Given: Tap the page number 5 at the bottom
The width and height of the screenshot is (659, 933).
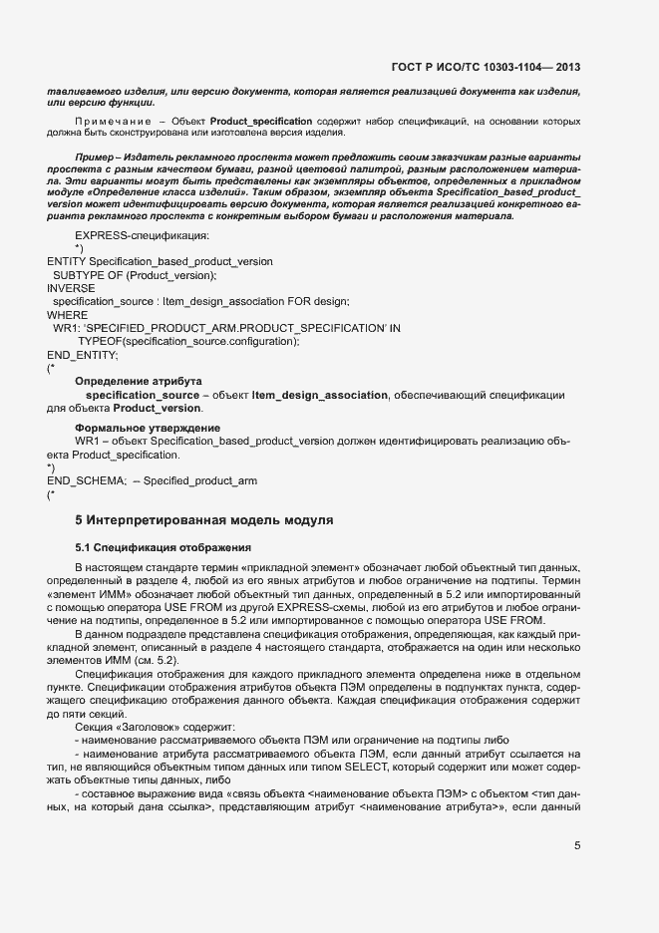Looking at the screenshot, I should coord(577,846).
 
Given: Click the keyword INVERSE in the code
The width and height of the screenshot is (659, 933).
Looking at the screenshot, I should coord(71,288).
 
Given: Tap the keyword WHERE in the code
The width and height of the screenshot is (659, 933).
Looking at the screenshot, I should coord(68,314).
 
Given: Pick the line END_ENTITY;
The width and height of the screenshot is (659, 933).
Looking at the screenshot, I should coord(83,354).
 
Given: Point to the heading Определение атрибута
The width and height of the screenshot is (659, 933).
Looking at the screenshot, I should coord(139,382).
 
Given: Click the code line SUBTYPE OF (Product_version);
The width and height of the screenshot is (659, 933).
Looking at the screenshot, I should coord(135,274).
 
